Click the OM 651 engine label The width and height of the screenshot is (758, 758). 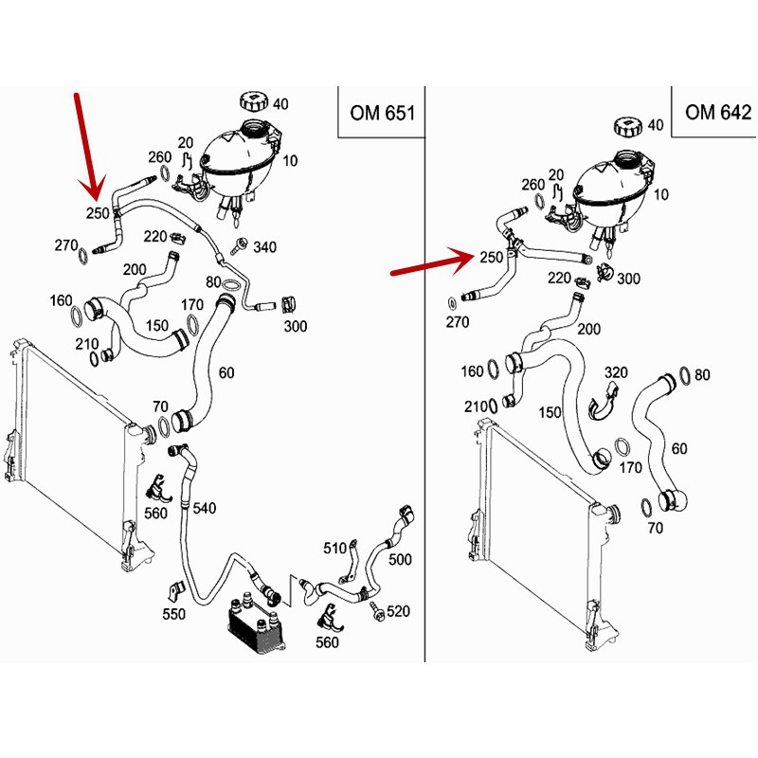coord(380,113)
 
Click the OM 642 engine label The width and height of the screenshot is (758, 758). coord(717,113)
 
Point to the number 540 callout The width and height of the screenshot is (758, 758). coord(205,509)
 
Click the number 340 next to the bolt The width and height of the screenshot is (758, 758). coord(265,248)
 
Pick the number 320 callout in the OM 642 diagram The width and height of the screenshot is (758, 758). coord(617,372)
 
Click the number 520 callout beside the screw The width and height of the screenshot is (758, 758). coord(398,612)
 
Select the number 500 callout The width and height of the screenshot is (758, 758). coord(400,560)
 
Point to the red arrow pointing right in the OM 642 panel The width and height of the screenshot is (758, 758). coord(431,264)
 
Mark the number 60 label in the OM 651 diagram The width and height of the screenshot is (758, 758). coord(226,372)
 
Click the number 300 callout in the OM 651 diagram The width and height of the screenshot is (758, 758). coord(296,327)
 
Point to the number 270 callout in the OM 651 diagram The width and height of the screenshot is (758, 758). coord(65,245)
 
